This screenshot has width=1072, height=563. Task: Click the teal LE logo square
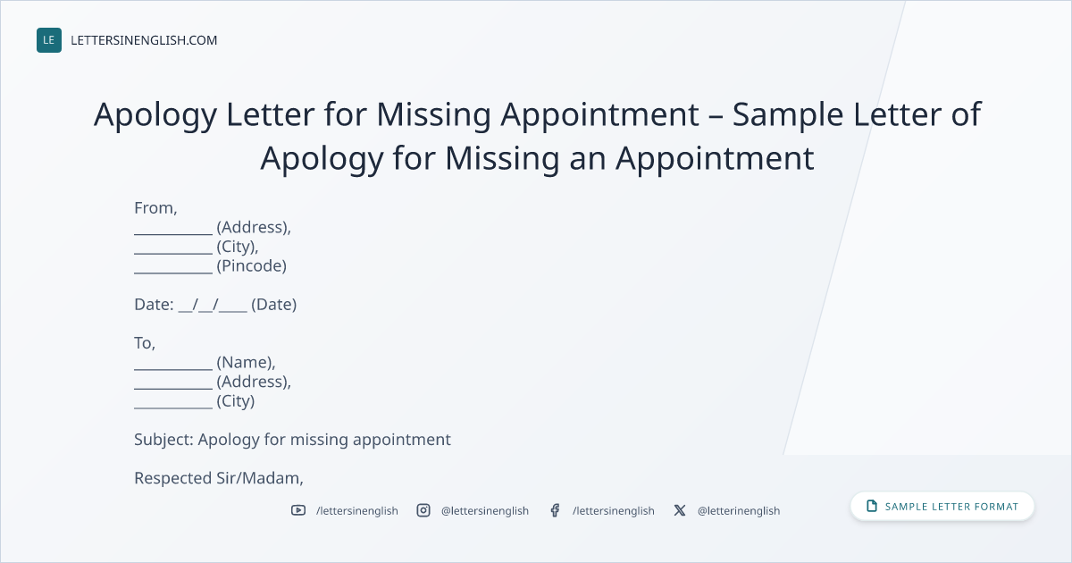[x=49, y=40]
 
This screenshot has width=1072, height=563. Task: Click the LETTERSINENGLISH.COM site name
[x=144, y=40]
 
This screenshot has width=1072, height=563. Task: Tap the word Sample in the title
[x=788, y=115]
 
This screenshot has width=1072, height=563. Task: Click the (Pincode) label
[x=251, y=266]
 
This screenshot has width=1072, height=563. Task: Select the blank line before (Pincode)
[x=173, y=273]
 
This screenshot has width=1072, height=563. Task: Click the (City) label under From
[x=238, y=247]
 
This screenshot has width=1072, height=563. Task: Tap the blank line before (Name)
[x=173, y=369]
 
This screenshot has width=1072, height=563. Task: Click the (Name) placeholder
[x=246, y=363]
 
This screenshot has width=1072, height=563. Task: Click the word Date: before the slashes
[x=154, y=305]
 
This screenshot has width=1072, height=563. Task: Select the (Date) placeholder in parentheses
[x=273, y=305]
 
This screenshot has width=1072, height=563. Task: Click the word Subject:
[x=163, y=440]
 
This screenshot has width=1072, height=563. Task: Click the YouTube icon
[x=298, y=510]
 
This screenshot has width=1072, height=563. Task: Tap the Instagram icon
[x=423, y=510]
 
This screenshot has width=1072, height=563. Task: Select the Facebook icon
[x=555, y=510]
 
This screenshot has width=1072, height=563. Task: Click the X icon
[x=680, y=510]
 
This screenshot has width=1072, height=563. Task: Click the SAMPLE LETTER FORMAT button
[x=942, y=507]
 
